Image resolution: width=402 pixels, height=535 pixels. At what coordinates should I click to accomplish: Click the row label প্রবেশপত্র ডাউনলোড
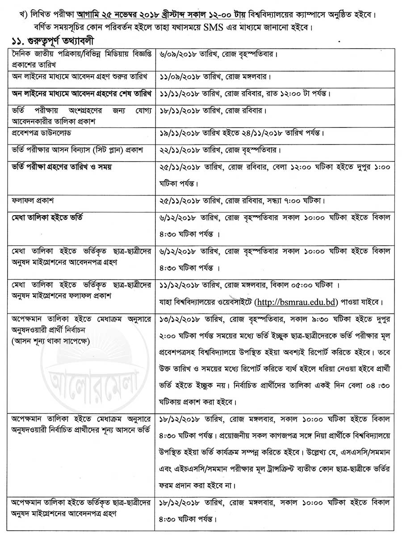[x=42, y=133]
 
